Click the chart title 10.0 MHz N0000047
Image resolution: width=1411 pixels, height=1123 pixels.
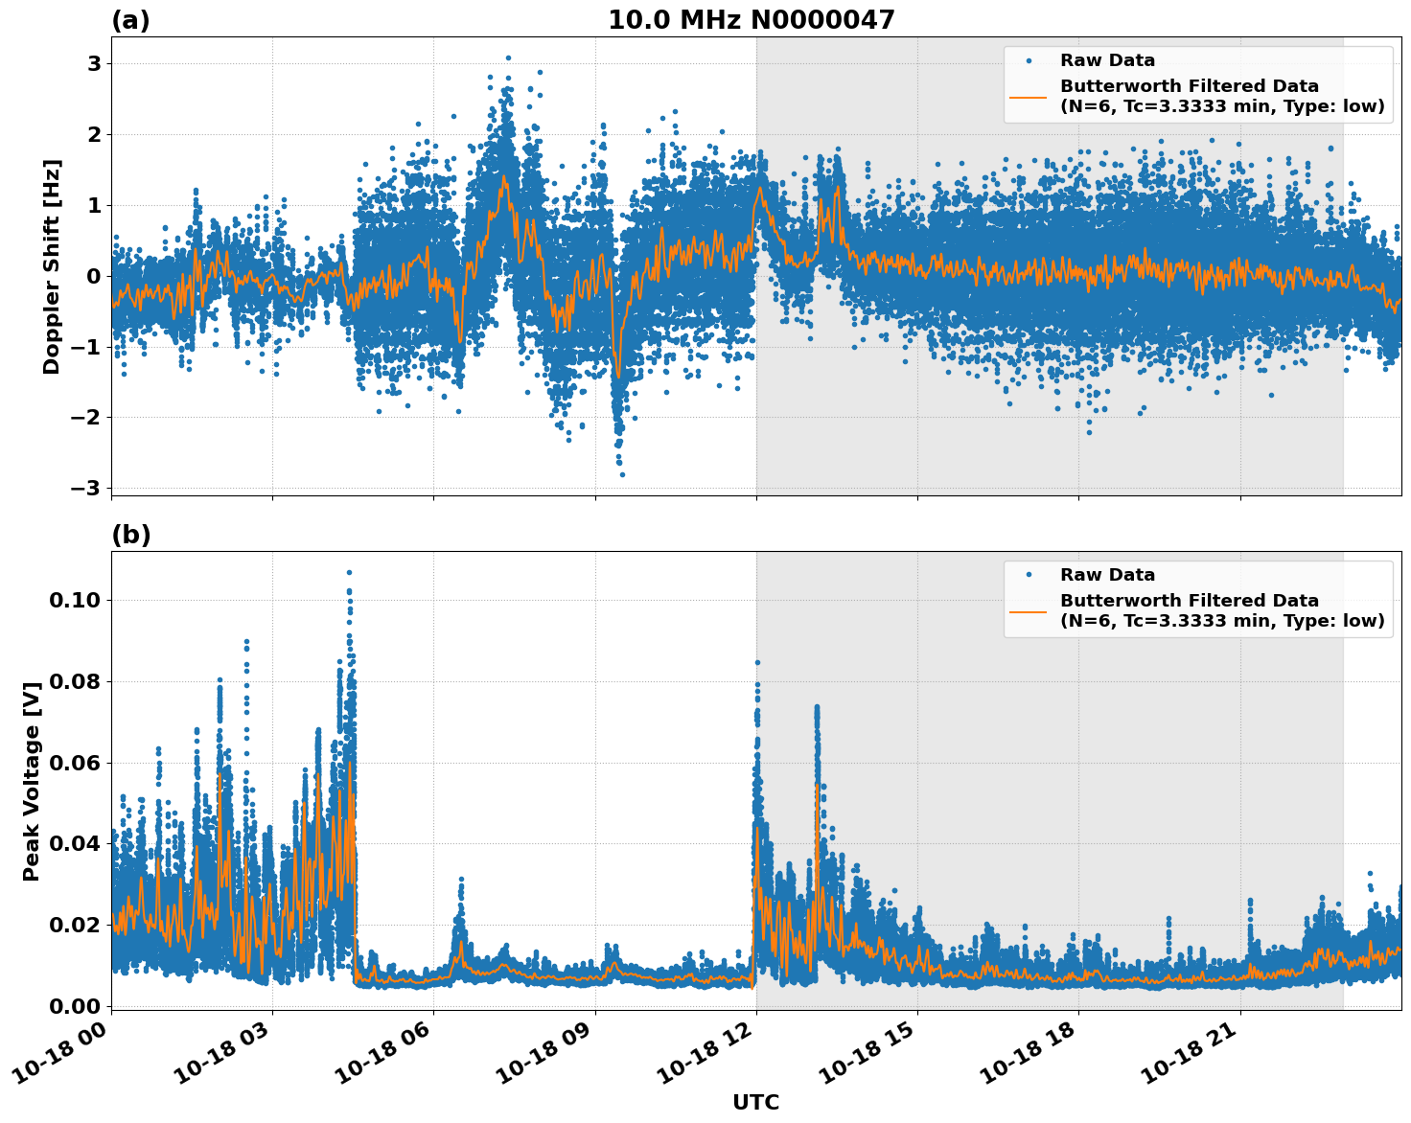(751, 20)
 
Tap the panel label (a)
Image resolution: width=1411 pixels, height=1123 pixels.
(130, 20)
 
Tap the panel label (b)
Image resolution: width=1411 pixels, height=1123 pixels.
(130, 535)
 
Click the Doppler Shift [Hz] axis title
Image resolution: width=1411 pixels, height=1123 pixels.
(52, 266)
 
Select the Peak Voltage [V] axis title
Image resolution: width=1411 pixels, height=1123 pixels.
(32, 781)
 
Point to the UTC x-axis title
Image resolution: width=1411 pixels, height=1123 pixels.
(755, 1102)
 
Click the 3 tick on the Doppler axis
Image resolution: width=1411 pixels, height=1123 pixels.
(94, 64)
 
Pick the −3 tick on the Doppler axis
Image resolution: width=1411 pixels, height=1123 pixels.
(85, 488)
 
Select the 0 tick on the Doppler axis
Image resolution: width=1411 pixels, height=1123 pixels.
(94, 276)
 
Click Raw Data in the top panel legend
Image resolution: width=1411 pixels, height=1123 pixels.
(1107, 60)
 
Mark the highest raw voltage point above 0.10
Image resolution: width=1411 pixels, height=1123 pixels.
(349, 572)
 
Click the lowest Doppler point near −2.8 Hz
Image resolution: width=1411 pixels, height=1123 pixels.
(622, 474)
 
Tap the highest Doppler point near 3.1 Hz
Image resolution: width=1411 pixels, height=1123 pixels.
(508, 57)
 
